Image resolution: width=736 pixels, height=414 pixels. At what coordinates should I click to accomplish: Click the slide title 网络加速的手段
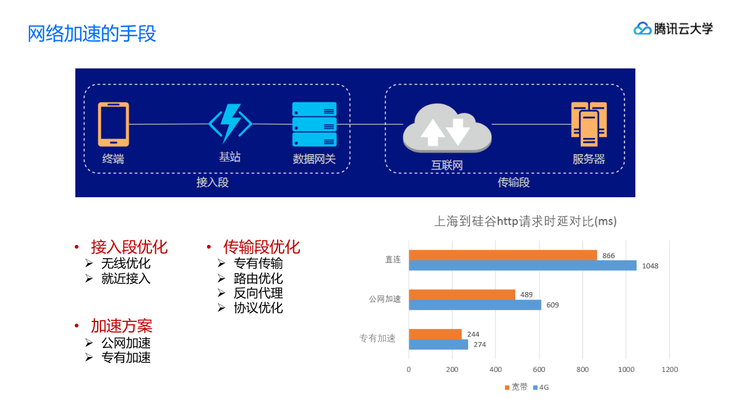(x=92, y=33)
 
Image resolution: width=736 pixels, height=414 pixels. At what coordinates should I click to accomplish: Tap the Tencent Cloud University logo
(x=673, y=28)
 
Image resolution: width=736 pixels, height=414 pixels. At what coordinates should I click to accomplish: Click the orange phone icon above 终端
(x=113, y=124)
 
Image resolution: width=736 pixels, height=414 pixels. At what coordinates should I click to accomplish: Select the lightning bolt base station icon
(x=231, y=122)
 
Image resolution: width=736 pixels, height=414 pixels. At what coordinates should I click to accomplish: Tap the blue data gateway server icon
(x=314, y=124)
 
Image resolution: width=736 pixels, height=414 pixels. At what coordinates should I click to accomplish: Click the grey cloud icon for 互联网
(x=447, y=128)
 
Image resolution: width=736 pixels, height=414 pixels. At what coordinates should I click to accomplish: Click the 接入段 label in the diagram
(x=212, y=182)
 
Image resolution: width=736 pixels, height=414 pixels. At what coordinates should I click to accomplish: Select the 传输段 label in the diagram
(x=513, y=182)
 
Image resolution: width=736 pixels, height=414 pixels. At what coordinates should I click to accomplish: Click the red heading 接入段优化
(x=129, y=247)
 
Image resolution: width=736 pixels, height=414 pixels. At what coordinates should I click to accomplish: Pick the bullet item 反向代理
(x=258, y=293)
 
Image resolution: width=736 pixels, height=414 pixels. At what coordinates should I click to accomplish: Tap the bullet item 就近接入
(x=126, y=278)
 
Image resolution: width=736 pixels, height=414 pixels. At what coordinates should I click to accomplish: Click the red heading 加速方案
(x=121, y=326)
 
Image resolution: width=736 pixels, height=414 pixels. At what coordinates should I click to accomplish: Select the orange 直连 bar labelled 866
(x=503, y=255)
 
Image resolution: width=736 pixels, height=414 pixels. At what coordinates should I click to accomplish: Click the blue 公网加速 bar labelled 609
(x=475, y=305)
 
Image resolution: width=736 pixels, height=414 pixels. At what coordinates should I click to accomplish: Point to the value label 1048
(x=650, y=266)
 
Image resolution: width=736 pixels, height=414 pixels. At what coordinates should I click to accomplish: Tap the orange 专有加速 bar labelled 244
(x=435, y=334)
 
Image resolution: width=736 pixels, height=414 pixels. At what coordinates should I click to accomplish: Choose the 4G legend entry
(x=541, y=388)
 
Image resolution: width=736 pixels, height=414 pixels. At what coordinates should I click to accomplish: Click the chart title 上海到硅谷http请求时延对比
(x=525, y=221)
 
